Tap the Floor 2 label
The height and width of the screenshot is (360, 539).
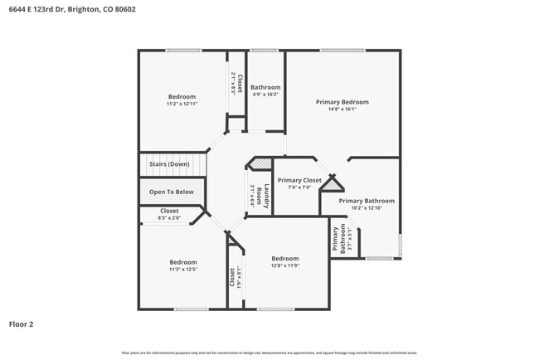[x=21, y=324]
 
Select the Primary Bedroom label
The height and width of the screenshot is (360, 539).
[x=342, y=102]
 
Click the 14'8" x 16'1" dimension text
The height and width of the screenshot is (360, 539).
[x=342, y=109]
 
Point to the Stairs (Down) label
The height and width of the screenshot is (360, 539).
[x=169, y=164]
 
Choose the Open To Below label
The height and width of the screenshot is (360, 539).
[x=172, y=192]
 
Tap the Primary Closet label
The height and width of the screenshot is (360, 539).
[x=299, y=180]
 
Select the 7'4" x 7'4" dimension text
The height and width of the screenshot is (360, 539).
[x=299, y=187]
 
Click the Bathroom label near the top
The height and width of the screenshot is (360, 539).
[x=265, y=87]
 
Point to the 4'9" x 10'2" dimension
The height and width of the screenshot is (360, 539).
[x=265, y=94]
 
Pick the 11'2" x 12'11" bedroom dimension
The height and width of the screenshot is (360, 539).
[x=182, y=104]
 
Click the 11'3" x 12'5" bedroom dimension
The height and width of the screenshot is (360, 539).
[x=183, y=269]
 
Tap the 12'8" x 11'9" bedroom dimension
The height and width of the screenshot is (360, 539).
[x=284, y=265]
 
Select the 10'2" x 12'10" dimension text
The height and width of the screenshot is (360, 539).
[x=367, y=207]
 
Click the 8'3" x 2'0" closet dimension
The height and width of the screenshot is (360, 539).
[x=169, y=217]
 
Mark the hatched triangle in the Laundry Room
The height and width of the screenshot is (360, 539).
[x=261, y=164]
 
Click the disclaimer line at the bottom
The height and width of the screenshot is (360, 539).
[x=269, y=353]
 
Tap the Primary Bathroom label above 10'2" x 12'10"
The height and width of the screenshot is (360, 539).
[x=367, y=201]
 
